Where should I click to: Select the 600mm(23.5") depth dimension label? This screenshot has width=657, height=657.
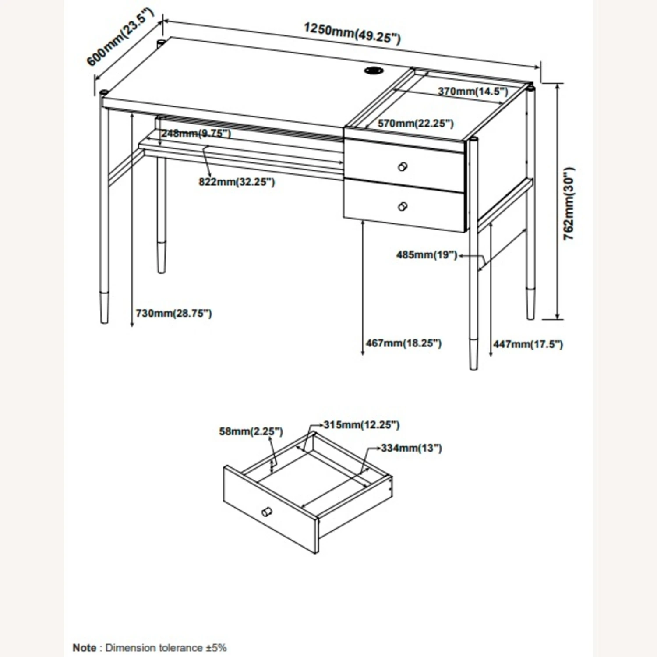tap(120, 37)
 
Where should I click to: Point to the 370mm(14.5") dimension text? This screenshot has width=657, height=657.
tap(473, 92)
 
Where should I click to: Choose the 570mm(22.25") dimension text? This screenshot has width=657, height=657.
tap(416, 124)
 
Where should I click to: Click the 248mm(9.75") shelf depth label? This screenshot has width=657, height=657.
tap(196, 133)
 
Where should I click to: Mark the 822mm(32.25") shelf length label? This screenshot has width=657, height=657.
tap(237, 182)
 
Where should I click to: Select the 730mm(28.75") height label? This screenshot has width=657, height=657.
tap(174, 313)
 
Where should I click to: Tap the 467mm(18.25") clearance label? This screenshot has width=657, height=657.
tap(403, 343)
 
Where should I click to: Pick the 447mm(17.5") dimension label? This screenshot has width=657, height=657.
tap(528, 344)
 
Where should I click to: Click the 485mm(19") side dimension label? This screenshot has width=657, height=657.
tap(427, 254)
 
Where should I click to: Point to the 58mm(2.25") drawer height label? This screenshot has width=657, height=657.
tap(251, 431)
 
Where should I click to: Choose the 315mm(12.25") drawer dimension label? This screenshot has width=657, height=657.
tap(361, 425)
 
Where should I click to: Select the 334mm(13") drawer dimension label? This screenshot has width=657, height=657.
tap(411, 448)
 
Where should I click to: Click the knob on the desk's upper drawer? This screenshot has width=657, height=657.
tap(403, 167)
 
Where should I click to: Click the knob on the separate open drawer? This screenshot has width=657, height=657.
tap(266, 512)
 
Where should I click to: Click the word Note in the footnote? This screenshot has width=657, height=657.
tap(85, 647)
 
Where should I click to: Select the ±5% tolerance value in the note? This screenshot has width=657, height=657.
tap(216, 647)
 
